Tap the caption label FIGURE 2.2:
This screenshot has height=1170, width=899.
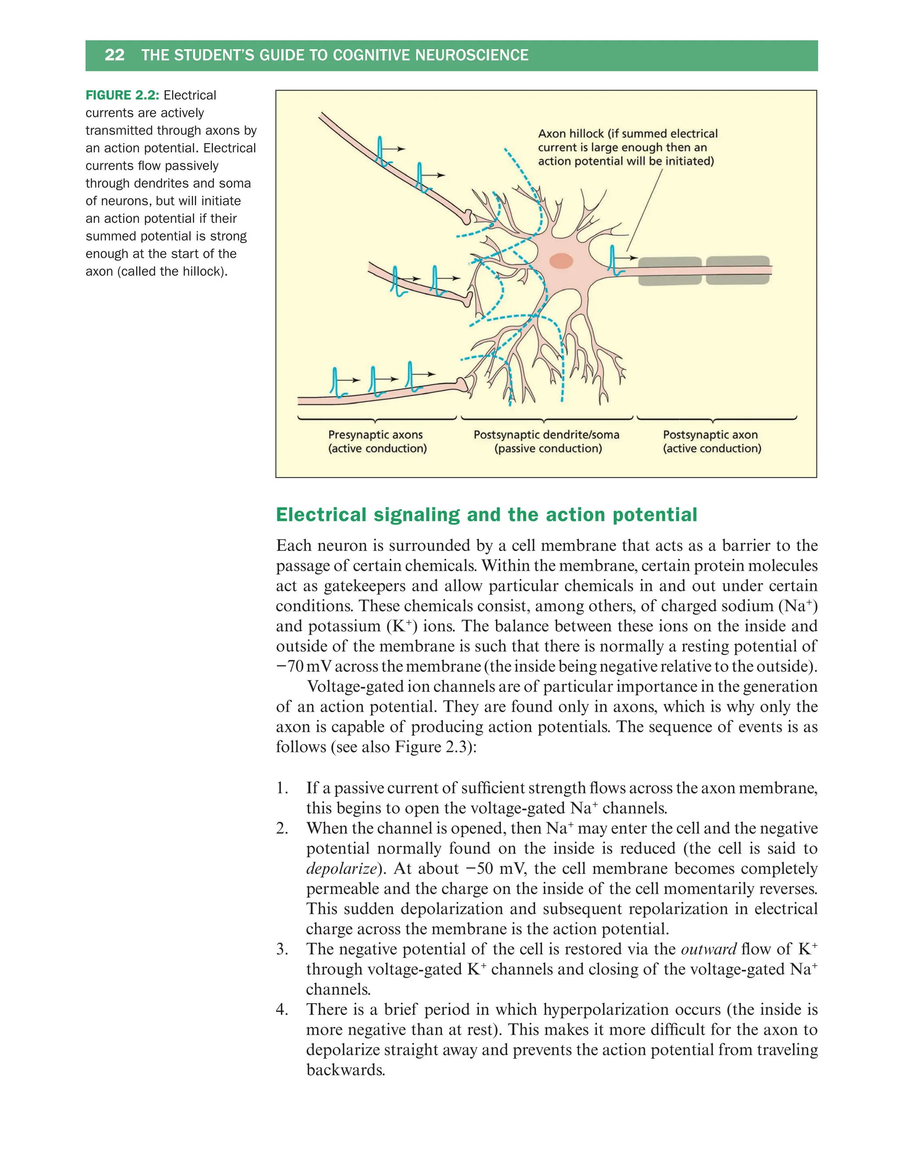[122, 95]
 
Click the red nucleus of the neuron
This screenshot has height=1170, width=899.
[561, 261]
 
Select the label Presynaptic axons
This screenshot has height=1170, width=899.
[375, 435]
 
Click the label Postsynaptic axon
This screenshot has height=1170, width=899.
[710, 435]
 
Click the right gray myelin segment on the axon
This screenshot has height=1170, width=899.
[737, 270]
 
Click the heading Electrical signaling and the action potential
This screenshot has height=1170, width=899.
[486, 515]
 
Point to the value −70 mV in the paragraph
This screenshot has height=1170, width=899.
[303, 666]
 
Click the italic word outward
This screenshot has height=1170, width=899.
[708, 949]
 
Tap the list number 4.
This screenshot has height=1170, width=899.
[281, 1009]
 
